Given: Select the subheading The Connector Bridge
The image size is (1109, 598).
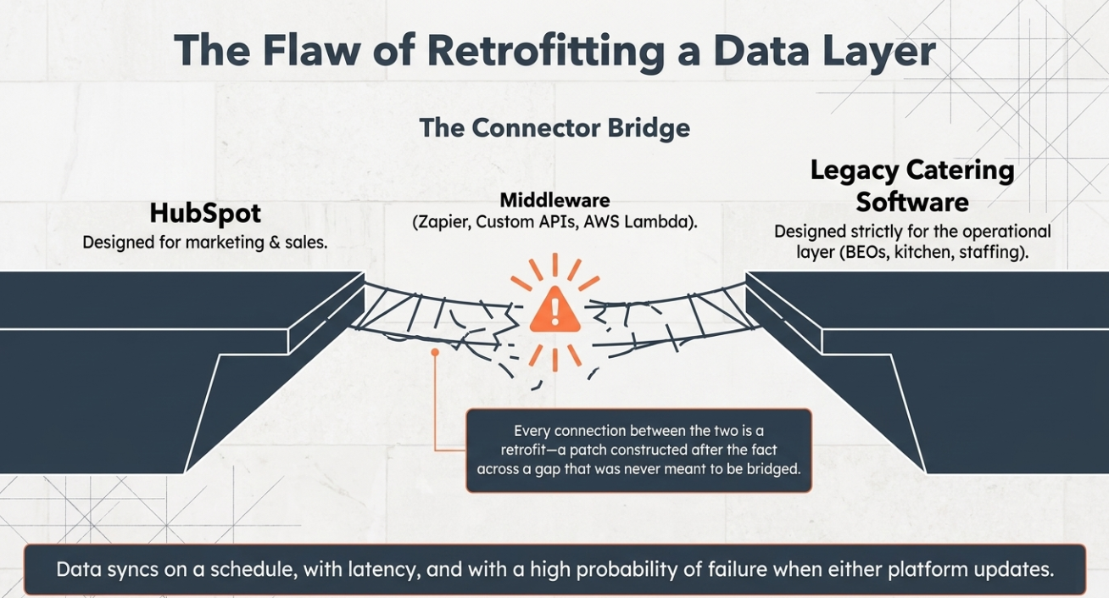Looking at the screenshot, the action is tap(554, 128).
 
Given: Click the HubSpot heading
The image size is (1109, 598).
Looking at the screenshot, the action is tap(205, 214).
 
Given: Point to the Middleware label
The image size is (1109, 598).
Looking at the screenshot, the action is tap(554, 200).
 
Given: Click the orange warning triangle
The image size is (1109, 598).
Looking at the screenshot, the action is tap(554, 310).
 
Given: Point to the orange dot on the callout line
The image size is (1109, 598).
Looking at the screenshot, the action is tap(435, 352).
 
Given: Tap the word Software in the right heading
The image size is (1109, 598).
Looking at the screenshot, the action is tap(912, 203).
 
